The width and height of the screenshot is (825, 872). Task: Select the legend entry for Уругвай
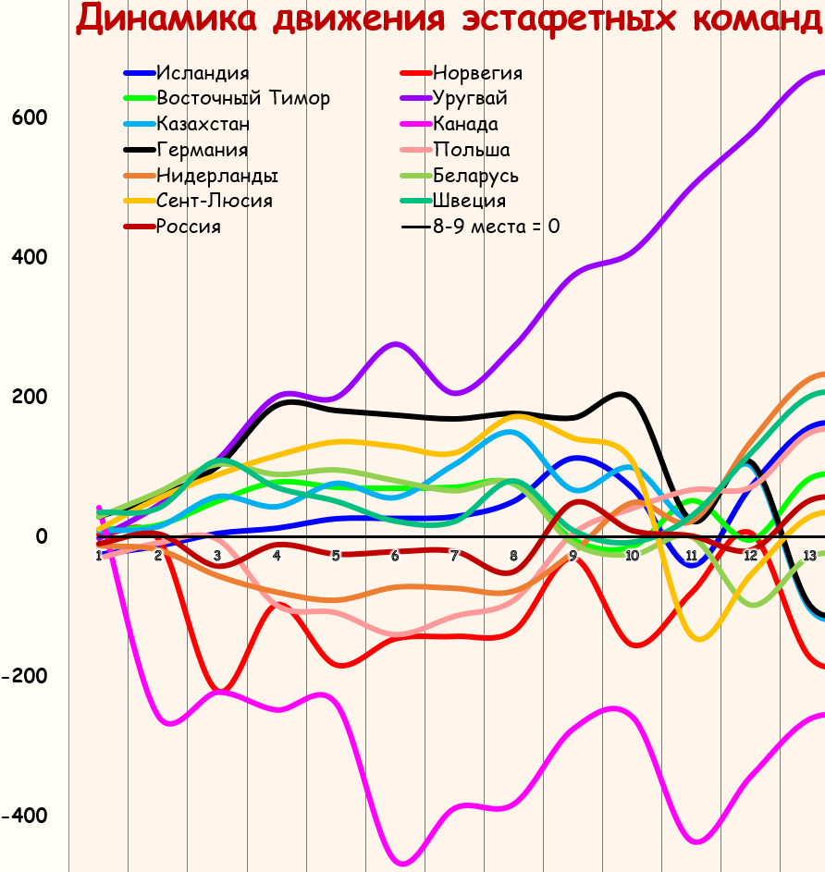click(470, 99)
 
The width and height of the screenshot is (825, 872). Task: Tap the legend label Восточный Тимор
click(243, 99)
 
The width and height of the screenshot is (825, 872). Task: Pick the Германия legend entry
click(203, 150)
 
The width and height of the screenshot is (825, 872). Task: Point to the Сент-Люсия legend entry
click(215, 201)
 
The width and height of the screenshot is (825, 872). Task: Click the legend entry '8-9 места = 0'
click(496, 227)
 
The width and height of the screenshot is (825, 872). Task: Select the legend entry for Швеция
click(469, 201)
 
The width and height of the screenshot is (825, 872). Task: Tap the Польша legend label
click(471, 150)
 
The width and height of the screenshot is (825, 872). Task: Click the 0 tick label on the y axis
click(41, 536)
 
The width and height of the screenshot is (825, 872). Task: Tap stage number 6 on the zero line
click(395, 556)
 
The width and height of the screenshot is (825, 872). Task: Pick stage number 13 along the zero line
click(809, 556)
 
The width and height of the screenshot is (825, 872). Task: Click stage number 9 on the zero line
click(573, 556)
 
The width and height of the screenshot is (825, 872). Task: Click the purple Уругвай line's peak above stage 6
click(396, 344)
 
